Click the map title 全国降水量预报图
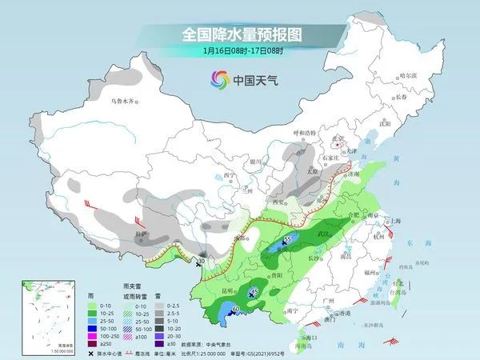click(x=241, y=34)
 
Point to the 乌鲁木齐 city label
click(x=123, y=102)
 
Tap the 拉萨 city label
click(x=142, y=234)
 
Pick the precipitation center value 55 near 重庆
click(x=288, y=239)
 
